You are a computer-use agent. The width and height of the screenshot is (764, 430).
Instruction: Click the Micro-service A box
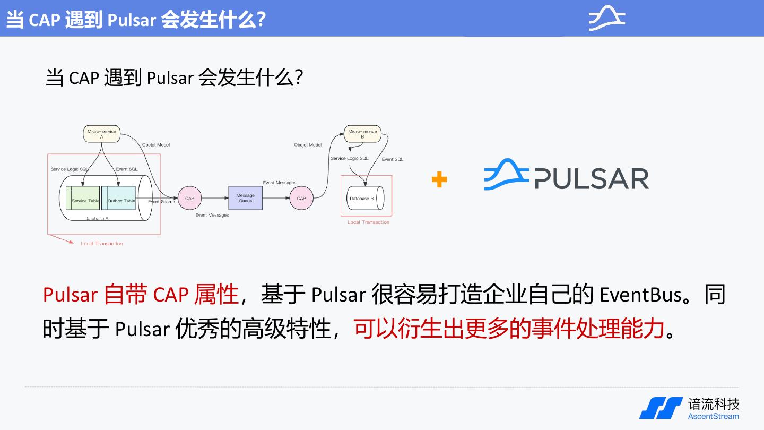(101, 134)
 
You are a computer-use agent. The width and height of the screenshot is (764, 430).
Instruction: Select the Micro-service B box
(362, 134)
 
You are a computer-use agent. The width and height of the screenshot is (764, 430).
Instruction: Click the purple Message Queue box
(245, 199)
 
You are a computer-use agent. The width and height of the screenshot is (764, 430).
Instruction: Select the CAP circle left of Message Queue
(189, 199)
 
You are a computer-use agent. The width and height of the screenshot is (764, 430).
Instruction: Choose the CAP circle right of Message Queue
(301, 199)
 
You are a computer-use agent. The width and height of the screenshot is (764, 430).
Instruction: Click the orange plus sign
(439, 179)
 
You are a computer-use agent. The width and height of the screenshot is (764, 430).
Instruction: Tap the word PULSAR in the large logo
(591, 179)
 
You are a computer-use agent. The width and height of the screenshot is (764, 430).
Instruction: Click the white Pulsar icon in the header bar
(607, 18)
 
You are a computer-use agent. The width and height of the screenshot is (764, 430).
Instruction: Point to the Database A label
(97, 219)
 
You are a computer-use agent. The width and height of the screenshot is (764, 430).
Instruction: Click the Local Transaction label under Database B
(368, 222)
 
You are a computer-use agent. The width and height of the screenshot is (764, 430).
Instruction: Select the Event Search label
(161, 202)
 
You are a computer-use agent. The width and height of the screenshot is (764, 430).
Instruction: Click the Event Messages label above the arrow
(280, 183)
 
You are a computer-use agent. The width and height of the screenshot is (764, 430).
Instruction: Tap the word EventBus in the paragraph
(640, 295)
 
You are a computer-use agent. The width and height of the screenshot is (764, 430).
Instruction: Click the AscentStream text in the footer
(713, 416)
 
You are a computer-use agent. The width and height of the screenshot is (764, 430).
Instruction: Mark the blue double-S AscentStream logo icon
(661, 408)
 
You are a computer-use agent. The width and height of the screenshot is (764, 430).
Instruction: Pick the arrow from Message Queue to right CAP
(276, 199)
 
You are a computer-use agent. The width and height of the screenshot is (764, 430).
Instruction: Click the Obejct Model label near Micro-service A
(156, 145)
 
